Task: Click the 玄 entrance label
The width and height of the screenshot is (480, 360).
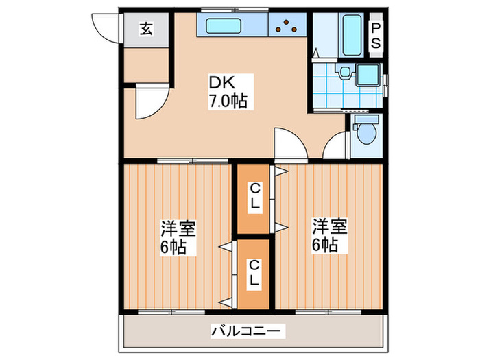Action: pos(146,29)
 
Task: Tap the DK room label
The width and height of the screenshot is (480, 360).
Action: pos(224,83)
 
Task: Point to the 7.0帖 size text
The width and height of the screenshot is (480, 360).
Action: pos(228,101)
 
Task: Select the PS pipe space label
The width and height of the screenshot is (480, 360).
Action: pos(377,34)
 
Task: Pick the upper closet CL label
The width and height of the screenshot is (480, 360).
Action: pos(254,195)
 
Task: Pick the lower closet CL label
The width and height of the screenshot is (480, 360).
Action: pos(254,272)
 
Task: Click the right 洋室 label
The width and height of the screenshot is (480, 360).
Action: pos(329,226)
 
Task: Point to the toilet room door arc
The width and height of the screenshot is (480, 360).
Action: pos(336,147)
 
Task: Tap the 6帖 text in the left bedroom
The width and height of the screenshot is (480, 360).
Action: pos(175,246)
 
